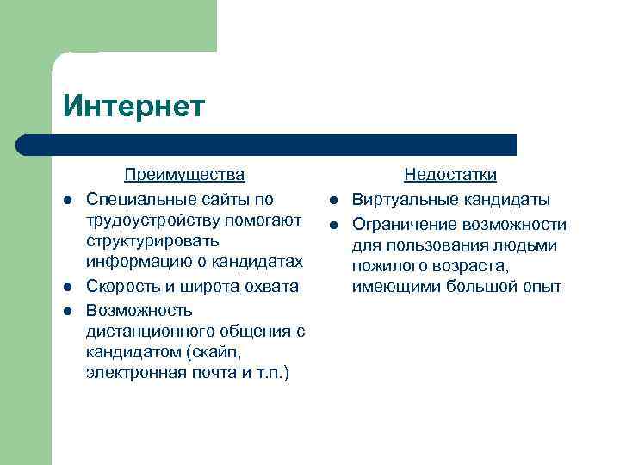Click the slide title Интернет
tap(134, 106)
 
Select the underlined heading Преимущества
tap(184, 175)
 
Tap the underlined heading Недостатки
tap(450, 175)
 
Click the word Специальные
tap(139, 199)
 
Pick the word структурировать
tap(152, 241)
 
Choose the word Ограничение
tap(404, 225)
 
